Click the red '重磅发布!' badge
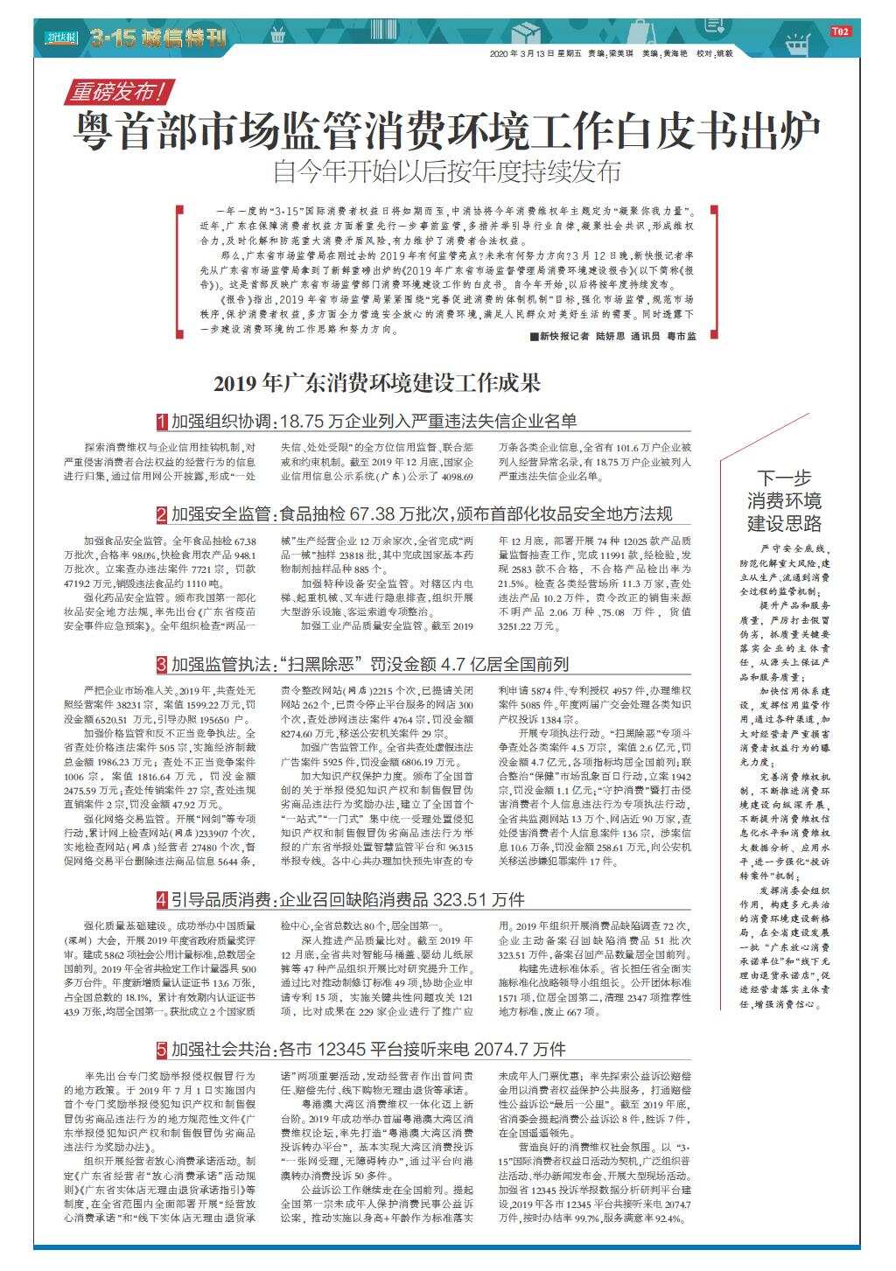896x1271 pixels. click(121, 90)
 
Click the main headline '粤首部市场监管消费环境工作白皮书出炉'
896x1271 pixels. click(446, 130)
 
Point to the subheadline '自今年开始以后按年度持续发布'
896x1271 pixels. click(446, 171)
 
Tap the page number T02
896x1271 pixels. click(840, 31)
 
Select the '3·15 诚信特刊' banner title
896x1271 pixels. click(158, 38)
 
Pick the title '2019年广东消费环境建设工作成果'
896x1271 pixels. click(377, 383)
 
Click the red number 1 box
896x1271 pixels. click(162, 422)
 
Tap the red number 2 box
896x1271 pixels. click(162, 513)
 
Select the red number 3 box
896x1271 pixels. click(162, 665)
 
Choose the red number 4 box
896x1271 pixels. click(162, 899)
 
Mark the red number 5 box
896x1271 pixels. click(162, 1049)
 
